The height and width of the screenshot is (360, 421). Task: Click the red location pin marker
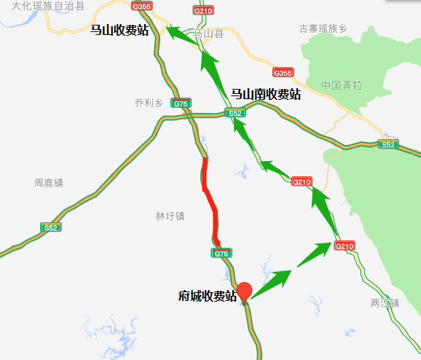245,290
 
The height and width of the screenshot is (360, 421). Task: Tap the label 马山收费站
119,30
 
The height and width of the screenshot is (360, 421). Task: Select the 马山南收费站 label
266,94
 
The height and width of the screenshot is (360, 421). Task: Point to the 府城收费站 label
208,296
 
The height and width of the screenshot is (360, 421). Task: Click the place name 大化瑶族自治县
43,6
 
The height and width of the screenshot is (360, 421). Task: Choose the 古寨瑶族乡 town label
323,29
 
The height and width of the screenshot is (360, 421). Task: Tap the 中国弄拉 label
342,85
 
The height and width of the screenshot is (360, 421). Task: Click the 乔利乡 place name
149,103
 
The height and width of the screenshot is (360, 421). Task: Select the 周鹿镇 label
49,182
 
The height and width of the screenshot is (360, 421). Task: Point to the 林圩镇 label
170,216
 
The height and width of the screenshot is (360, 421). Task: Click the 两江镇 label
385,302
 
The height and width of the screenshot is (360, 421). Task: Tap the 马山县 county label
207,34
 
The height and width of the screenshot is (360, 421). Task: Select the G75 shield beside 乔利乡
181,104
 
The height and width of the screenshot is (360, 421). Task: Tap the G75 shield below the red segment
221,253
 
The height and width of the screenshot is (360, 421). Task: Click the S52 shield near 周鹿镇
50,228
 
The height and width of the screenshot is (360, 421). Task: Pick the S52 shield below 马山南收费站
235,114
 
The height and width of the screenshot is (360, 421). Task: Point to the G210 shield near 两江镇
345,247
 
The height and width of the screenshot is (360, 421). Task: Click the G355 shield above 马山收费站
143,6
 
